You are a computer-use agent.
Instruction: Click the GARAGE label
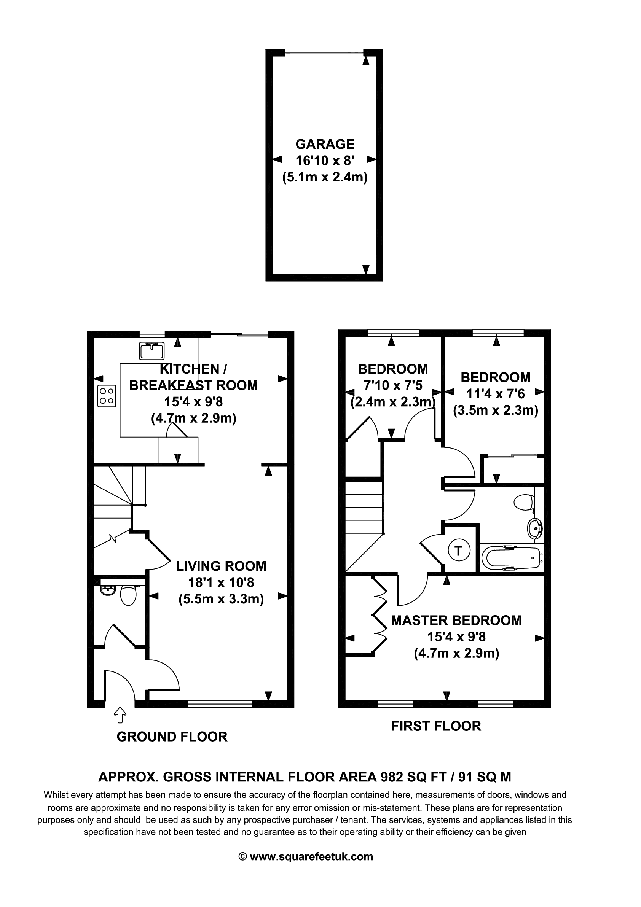[x=325, y=144]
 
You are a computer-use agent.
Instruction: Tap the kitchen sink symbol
[x=152, y=351]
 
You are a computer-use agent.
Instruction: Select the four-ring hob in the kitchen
[x=107, y=396]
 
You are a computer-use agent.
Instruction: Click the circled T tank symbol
[x=458, y=550]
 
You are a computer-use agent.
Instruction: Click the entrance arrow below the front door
[x=120, y=715]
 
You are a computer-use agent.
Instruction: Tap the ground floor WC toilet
[x=128, y=595]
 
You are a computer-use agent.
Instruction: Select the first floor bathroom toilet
[x=524, y=502]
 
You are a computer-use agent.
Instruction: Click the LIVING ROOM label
[x=221, y=566]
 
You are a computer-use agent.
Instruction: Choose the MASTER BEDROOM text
[x=456, y=621]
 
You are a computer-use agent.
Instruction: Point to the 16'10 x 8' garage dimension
[x=325, y=161]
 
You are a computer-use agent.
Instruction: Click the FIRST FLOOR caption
[x=436, y=726]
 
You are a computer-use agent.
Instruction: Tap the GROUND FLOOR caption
[x=172, y=737]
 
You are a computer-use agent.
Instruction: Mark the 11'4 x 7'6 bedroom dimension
[x=496, y=394]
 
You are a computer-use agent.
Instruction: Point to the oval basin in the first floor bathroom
[x=535, y=528]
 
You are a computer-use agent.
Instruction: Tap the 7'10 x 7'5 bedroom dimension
[x=393, y=385]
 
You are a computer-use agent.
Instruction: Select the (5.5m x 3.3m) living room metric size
[x=221, y=599]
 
